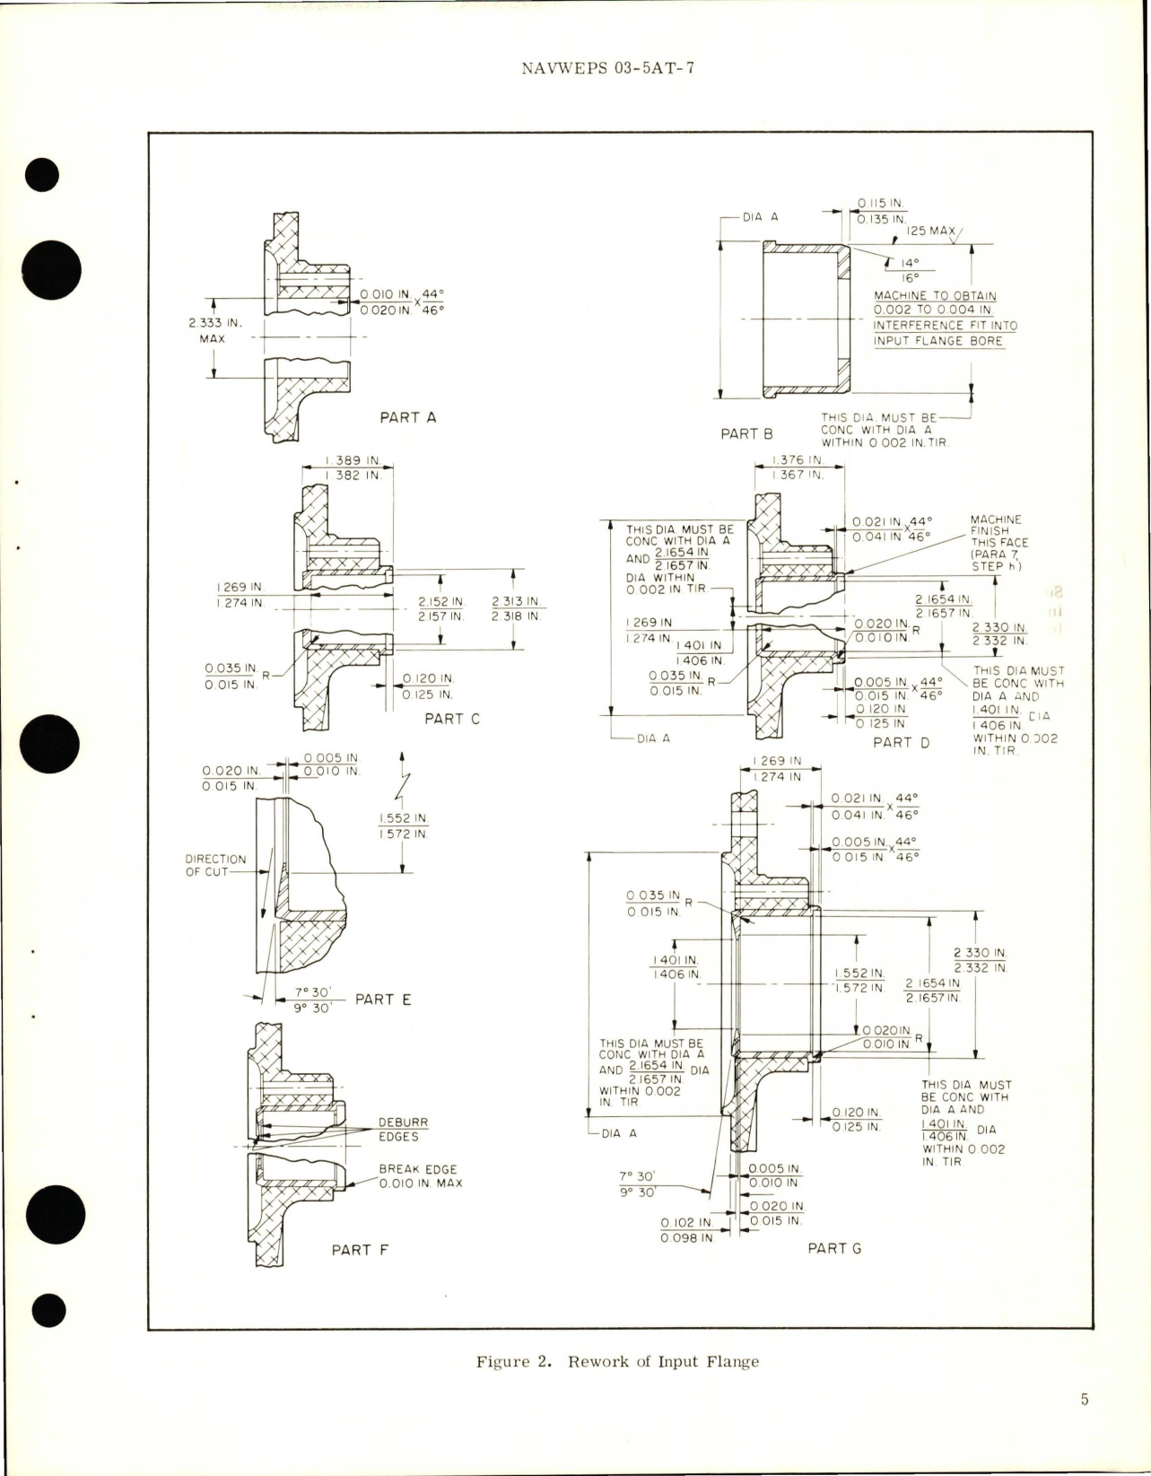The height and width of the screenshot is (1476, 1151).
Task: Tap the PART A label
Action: tap(408, 417)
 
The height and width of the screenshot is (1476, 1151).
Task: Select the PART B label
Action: tap(746, 433)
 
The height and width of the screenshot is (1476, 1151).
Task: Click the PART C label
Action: tap(452, 719)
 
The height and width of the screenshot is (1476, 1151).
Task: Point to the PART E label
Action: tap(383, 1000)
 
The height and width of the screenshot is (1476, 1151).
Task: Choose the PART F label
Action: tap(360, 1249)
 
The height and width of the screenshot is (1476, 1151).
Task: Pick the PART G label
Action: tap(834, 1248)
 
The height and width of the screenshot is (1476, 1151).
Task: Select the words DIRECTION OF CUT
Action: tap(215, 865)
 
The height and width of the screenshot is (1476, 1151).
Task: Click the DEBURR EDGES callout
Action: tap(397, 1130)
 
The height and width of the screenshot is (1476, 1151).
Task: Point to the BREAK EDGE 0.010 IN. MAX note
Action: tap(417, 1176)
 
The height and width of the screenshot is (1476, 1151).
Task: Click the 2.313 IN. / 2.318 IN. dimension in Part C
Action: tap(519, 609)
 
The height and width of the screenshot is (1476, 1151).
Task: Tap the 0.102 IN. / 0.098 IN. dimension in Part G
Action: tap(686, 1230)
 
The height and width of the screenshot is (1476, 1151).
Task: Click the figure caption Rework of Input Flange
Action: tap(617, 1361)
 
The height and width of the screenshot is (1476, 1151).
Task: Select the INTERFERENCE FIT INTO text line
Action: tap(946, 326)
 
